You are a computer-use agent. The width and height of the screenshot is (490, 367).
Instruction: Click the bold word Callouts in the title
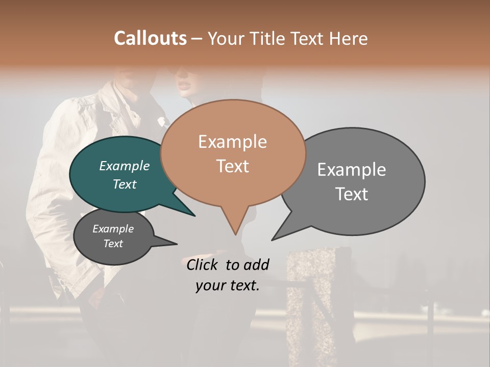[150, 38]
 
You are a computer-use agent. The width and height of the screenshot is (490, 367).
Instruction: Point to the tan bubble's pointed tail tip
[235, 234]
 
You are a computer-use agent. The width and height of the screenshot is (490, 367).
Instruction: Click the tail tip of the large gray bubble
[272, 240]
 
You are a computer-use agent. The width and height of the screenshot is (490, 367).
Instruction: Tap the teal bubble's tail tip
[194, 216]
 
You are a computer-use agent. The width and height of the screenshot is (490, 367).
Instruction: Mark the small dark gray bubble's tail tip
[177, 244]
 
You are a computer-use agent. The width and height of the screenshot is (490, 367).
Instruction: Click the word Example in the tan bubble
[232, 142]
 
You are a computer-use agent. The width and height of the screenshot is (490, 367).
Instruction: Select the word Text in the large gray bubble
[352, 194]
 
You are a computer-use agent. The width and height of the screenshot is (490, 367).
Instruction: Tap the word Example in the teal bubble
[125, 166]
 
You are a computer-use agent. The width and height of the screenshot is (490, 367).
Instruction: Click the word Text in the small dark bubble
[113, 244]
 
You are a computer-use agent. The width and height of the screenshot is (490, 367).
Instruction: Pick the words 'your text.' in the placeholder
[228, 285]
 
